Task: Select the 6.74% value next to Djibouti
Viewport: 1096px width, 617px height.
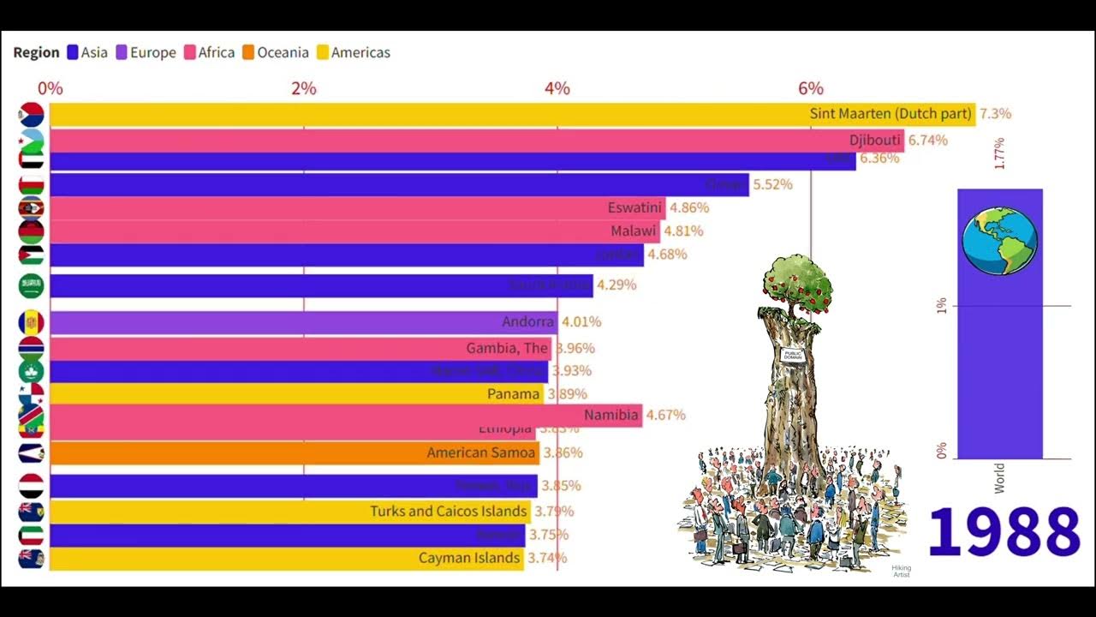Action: click(928, 141)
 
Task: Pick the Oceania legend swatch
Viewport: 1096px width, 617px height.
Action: click(247, 52)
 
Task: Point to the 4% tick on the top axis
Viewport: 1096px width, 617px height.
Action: click(557, 88)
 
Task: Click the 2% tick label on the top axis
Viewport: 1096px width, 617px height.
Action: click(304, 88)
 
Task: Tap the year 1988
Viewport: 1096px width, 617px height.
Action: click(1004, 533)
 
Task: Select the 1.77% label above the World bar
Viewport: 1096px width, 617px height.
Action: click(999, 153)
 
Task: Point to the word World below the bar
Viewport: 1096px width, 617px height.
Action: click(999, 477)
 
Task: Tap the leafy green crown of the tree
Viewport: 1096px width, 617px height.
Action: click(797, 281)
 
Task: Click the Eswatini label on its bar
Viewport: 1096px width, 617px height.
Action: click(634, 207)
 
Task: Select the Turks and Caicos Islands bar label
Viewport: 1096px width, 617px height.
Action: click(448, 512)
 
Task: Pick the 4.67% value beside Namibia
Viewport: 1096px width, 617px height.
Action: click(666, 416)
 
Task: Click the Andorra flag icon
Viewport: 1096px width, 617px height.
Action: click(32, 323)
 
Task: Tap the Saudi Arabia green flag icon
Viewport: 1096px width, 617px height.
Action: click(32, 285)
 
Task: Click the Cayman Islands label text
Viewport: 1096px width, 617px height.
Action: click(469, 558)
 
